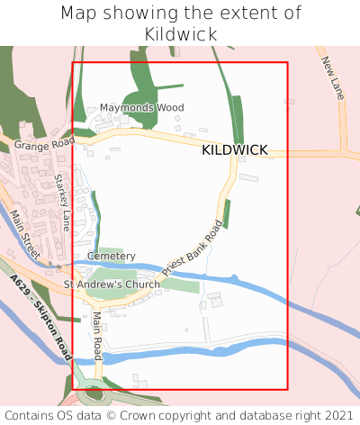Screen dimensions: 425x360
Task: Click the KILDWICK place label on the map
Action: pyautogui.click(x=235, y=149)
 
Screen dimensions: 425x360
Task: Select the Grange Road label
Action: pyautogui.click(x=44, y=142)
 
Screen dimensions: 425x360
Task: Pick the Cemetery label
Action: pyautogui.click(x=112, y=257)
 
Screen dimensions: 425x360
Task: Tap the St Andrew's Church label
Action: pyautogui.click(x=112, y=285)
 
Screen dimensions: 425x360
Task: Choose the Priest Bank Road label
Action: pyautogui.click(x=192, y=249)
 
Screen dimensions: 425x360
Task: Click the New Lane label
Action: pyautogui.click(x=332, y=77)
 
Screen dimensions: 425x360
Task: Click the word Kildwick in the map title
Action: pyautogui.click(x=180, y=33)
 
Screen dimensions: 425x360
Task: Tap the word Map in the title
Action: pyautogui.click(x=79, y=13)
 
